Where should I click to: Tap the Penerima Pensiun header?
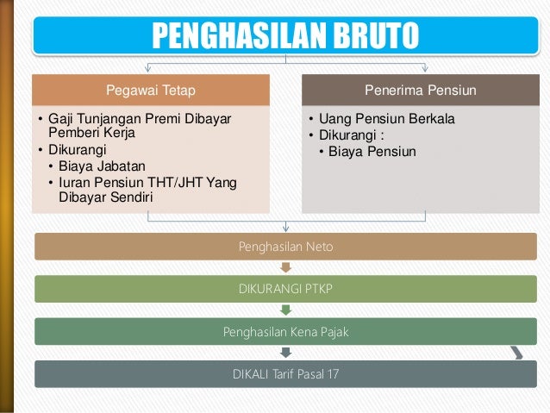pyautogui.click(x=422, y=89)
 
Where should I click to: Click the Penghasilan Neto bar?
pyautogui.click(x=286, y=247)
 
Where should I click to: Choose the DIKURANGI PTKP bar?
pyautogui.click(x=286, y=289)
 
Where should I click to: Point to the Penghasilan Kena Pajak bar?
pyautogui.click(x=286, y=331)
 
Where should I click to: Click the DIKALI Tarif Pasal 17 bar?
pyautogui.click(x=286, y=373)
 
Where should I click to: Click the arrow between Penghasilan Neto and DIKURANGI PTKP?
pyautogui.click(x=286, y=268)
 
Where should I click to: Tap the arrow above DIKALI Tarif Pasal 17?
pyautogui.click(x=286, y=353)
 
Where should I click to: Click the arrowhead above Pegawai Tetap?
pyautogui.click(x=148, y=69)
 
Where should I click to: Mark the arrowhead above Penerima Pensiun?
pyautogui.click(x=425, y=69)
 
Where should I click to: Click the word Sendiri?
pyautogui.click(x=128, y=197)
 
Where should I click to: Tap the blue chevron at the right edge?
pyautogui.click(x=516, y=352)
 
